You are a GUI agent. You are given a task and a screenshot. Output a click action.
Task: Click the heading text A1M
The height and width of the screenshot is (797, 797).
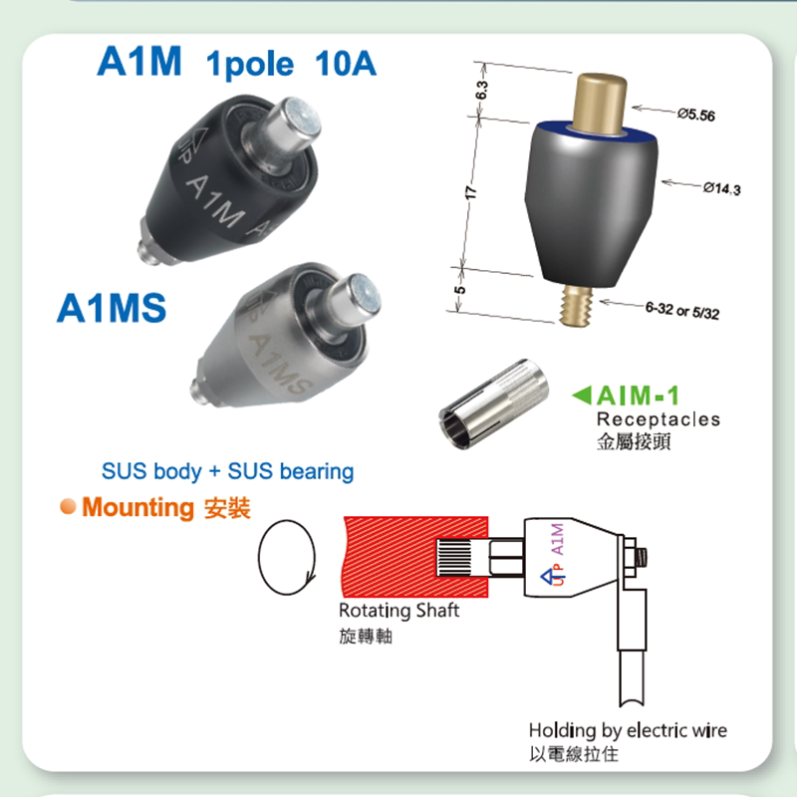(x=138, y=62)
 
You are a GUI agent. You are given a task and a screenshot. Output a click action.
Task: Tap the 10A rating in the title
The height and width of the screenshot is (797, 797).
(x=345, y=65)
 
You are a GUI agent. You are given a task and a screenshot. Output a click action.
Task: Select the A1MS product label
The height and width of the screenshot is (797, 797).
(x=111, y=309)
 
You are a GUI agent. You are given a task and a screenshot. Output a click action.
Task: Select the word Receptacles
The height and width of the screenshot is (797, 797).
(x=658, y=419)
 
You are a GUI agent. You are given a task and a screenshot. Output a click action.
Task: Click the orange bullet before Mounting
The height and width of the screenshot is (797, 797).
(x=67, y=506)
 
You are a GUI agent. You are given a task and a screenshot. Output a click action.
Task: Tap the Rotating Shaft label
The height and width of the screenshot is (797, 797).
(x=398, y=611)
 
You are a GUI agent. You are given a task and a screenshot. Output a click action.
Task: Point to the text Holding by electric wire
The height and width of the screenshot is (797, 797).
(x=628, y=730)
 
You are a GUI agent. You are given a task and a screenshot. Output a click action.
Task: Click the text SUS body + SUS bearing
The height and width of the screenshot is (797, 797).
(x=227, y=470)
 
